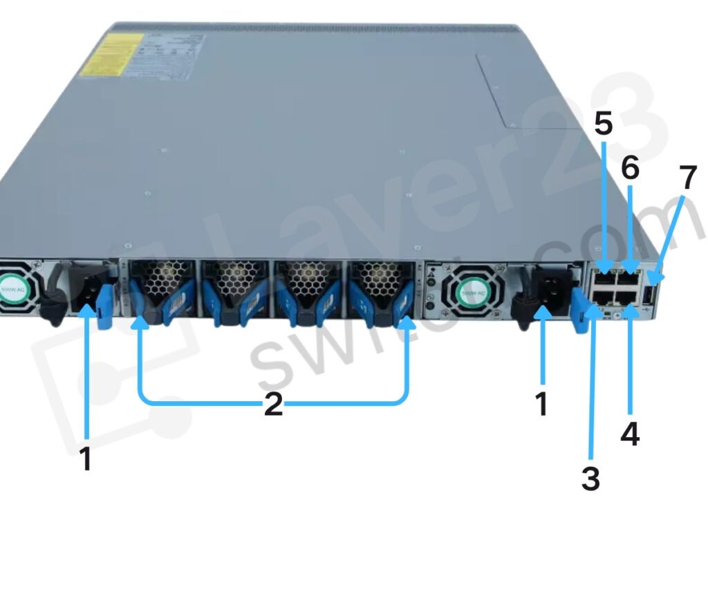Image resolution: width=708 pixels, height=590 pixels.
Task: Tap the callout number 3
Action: coord(590,477)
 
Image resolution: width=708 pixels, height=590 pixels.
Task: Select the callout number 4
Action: coord(629,433)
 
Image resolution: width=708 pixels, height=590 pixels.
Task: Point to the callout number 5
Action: coord(603,123)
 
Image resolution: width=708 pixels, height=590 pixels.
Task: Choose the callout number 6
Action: coord(629,167)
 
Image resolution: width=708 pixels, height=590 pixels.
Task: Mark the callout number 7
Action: coord(687,178)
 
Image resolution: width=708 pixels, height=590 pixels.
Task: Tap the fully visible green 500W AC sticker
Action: coord(460,289)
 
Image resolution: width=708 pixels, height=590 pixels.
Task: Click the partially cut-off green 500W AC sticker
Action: coord(12,286)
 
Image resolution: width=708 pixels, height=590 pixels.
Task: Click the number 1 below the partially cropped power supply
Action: coord(86,459)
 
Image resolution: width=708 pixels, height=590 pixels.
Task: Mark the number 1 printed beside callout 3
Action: coord(542,404)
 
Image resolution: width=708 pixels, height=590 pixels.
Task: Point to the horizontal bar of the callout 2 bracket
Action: coord(207,402)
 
